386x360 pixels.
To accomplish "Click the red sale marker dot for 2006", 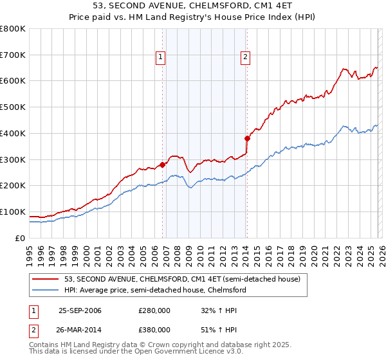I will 162,165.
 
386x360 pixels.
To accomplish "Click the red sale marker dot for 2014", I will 247,138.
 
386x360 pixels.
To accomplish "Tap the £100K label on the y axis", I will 13,212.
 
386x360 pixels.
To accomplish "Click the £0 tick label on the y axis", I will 21,238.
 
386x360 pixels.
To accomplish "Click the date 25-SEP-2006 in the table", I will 80,310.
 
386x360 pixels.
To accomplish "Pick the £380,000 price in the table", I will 154,330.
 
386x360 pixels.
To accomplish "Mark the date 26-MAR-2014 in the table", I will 80,330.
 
